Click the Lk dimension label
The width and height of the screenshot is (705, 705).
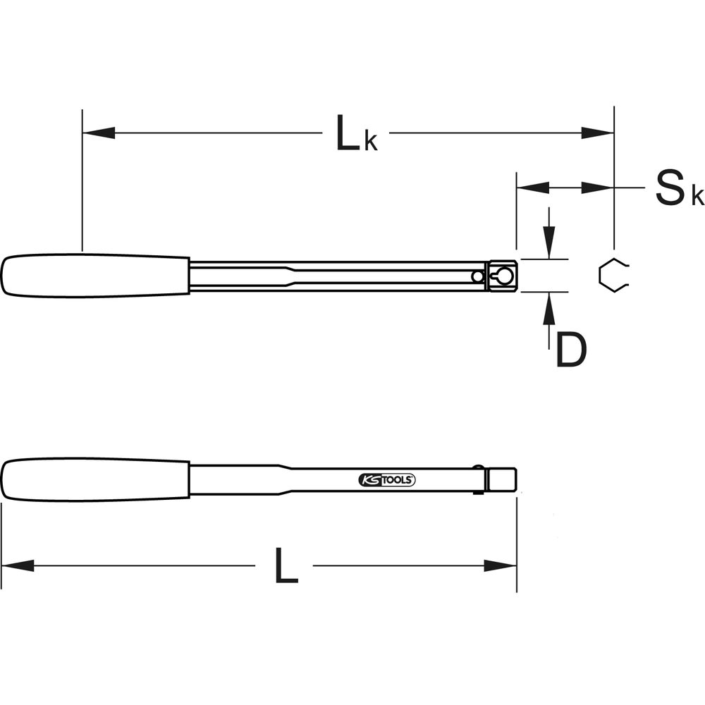pyautogui.click(x=357, y=133)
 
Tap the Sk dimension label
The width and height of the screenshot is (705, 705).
pyautogui.click(x=679, y=188)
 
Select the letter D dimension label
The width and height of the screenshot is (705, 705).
pyautogui.click(x=571, y=350)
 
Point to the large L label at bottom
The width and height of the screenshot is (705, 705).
pyautogui.click(x=286, y=565)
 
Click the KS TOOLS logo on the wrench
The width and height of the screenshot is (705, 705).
pyautogui.click(x=386, y=480)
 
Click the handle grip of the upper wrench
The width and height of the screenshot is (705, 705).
pyautogui.click(x=95, y=276)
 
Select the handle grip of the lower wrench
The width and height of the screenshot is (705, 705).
pyautogui.click(x=95, y=479)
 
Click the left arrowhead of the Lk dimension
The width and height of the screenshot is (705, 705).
pyautogui.click(x=99, y=133)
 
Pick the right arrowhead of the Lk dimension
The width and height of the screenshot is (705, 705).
pyautogui.click(x=598, y=133)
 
